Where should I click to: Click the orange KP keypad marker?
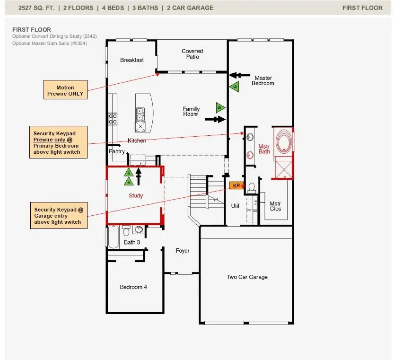pyautogui.click(x=236, y=185)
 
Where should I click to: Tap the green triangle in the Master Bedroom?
pyautogui.click(x=234, y=86)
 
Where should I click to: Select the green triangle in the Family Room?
pyautogui.click(x=220, y=107)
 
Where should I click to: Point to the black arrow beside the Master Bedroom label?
pyautogui.click(x=239, y=75)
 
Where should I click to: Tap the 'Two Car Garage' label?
pyautogui.click(x=247, y=277)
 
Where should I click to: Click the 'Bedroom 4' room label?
pyautogui.click(x=133, y=287)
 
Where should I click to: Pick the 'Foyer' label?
pyautogui.click(x=183, y=251)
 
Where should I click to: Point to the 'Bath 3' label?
pyautogui.click(x=132, y=242)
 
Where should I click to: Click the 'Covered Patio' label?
pyautogui.click(x=192, y=54)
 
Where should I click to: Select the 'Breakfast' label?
pyautogui.click(x=132, y=60)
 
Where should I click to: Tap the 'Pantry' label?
pyautogui.click(x=116, y=151)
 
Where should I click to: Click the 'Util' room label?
pyautogui.click(x=235, y=206)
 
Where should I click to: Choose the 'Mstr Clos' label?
pyautogui.click(x=275, y=206)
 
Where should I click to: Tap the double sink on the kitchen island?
pyautogui.click(x=140, y=114)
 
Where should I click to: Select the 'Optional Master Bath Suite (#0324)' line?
pyautogui.click(x=50, y=44)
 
